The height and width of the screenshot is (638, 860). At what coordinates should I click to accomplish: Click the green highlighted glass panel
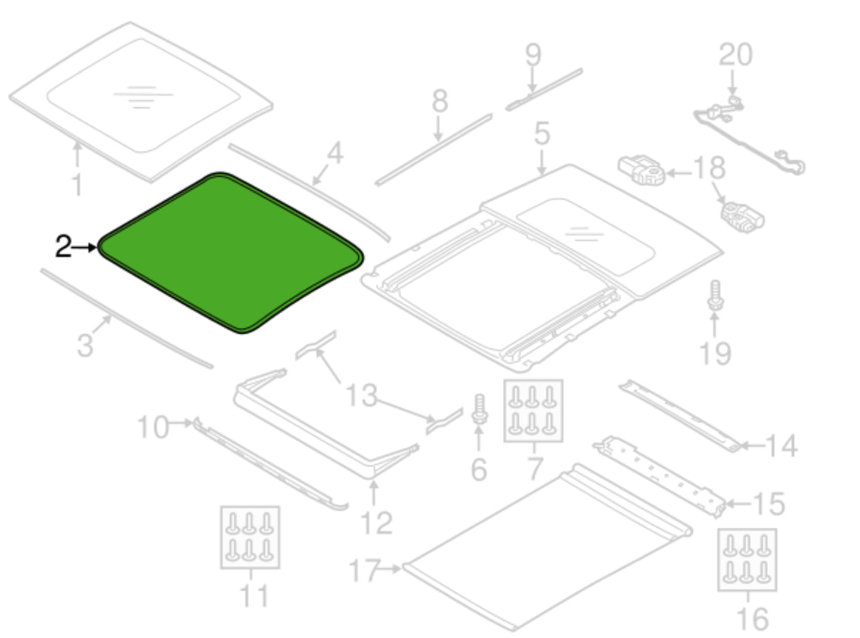coord(231,253)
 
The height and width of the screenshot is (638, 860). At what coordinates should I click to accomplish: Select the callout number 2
coord(64,246)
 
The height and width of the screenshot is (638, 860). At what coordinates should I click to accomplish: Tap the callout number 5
coord(542,133)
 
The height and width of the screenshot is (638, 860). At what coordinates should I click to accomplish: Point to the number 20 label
coord(736,55)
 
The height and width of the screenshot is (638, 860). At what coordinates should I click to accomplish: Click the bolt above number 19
coord(715,295)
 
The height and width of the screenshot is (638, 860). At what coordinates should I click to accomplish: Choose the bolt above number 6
coord(480,409)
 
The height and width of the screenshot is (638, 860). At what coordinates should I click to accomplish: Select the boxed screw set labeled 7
coord(533,410)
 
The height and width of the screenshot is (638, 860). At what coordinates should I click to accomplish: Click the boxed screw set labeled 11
coord(250,537)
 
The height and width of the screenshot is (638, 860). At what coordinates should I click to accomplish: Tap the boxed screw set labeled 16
coord(747,560)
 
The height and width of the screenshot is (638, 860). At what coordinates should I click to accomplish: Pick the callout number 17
coord(364,570)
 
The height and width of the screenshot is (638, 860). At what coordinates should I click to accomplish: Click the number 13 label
coord(361,395)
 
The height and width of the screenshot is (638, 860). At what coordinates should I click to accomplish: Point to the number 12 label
coord(376,523)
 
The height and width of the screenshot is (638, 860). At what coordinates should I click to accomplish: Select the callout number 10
coord(153,427)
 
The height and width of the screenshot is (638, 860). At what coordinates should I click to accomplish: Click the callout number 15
coord(769,504)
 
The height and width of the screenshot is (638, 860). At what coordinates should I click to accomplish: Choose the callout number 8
coord(440,101)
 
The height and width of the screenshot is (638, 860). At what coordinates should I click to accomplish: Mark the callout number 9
coord(533,55)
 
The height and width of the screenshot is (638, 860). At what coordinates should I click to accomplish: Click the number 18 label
coord(709,168)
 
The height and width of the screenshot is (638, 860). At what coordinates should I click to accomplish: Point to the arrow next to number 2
coord(85,247)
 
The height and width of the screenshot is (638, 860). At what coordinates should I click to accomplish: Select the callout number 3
coord(85,345)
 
